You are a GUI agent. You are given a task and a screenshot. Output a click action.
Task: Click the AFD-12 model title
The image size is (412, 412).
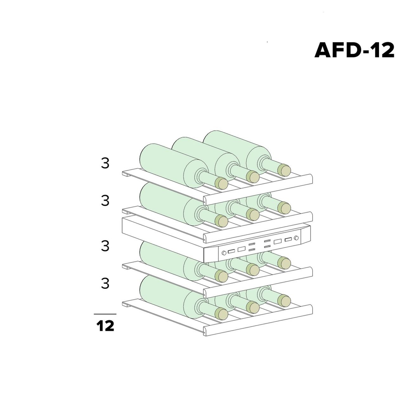point(354,50)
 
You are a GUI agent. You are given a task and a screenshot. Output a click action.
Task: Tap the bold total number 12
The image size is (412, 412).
point(105,326)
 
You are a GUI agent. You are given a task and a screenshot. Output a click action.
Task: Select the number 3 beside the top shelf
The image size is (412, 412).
point(105,163)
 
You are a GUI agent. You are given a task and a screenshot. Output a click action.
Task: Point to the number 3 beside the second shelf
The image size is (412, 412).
point(105,201)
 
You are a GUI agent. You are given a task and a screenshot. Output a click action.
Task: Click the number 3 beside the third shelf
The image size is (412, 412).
point(105,246)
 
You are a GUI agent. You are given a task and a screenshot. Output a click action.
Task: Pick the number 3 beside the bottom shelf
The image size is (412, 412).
point(105,283)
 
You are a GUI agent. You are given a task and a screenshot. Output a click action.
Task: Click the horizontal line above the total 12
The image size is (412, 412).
point(105,314)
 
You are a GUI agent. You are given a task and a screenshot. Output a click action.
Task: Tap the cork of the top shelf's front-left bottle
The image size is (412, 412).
point(222,183)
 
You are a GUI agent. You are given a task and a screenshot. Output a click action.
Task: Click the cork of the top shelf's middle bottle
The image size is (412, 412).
point(253,177)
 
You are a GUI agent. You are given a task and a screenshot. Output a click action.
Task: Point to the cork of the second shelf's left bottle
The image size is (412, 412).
point(222,221)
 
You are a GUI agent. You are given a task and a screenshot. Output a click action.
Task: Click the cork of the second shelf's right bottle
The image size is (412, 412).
point(284,208)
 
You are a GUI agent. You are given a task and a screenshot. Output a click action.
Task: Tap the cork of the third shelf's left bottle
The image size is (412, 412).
point(222,276)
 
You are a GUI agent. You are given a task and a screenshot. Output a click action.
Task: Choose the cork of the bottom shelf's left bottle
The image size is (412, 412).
point(222,314)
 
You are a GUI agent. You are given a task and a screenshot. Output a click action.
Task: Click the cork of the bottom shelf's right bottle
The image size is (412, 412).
point(284,301)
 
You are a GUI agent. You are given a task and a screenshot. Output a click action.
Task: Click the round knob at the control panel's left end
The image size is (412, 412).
point(224,253)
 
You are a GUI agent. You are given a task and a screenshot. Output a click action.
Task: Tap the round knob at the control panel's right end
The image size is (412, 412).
point(296,238)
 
